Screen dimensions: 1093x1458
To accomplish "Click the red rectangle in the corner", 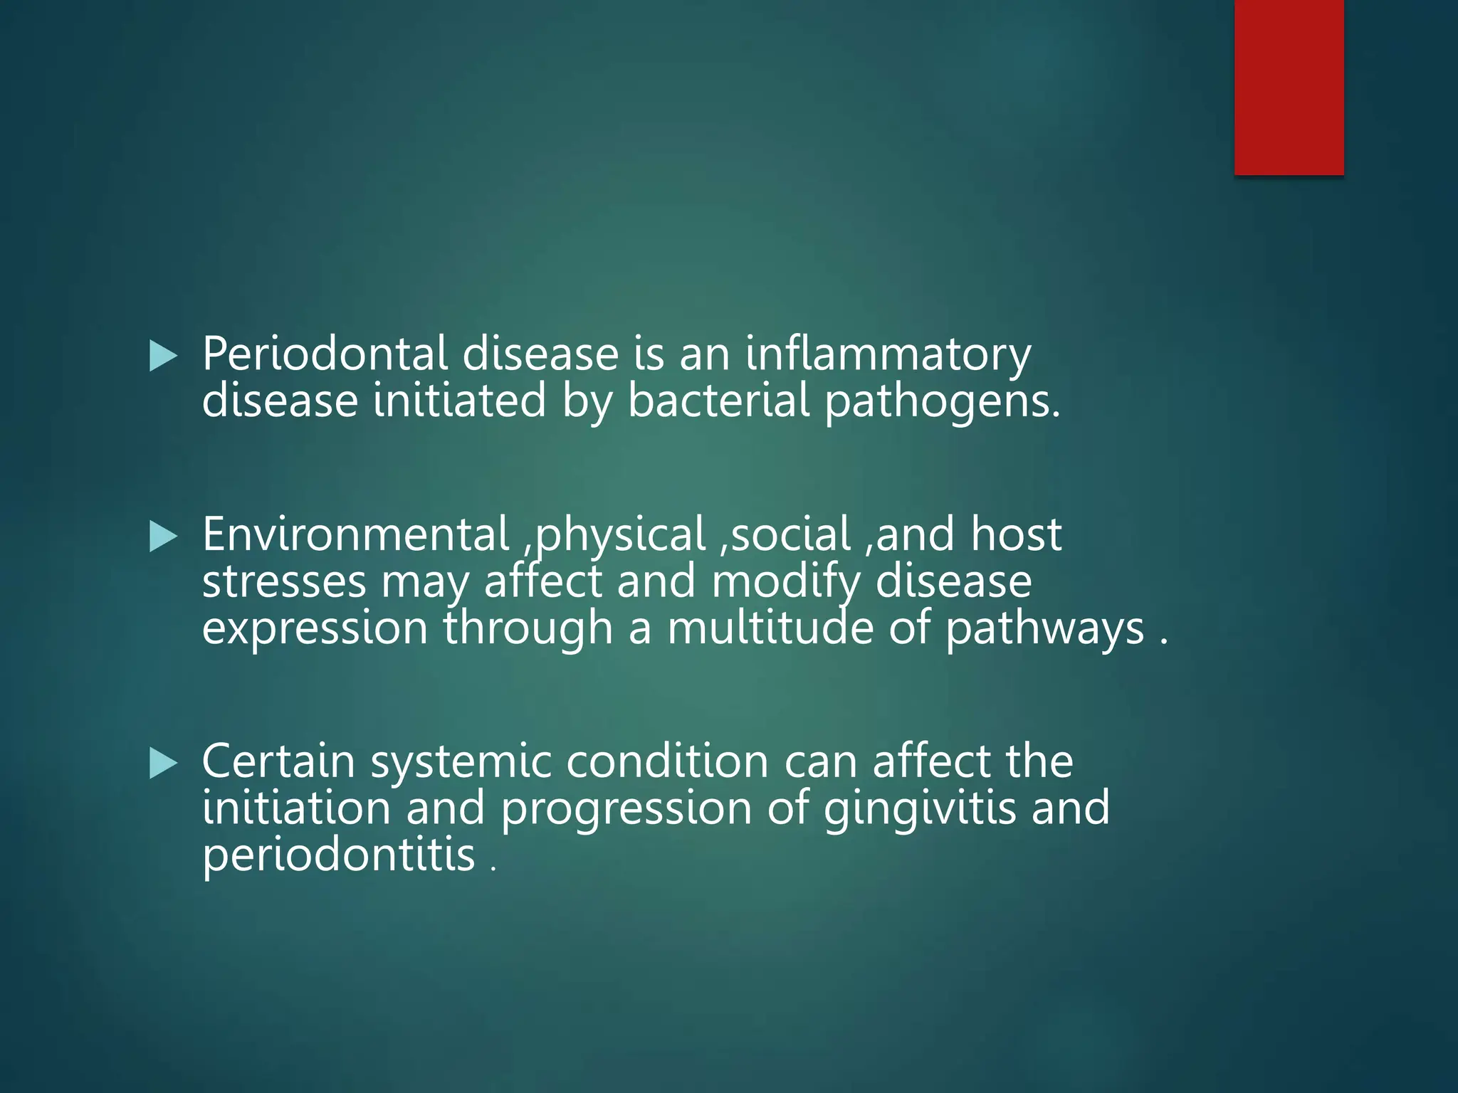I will pos(1289,87).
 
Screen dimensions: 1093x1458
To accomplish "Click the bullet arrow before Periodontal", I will pos(163,356).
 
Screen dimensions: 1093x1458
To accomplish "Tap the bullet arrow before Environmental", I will pos(163,537).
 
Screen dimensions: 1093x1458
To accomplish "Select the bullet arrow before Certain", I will pos(163,764).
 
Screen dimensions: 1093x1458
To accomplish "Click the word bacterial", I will pos(719,401).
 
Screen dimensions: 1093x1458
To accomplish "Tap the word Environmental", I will pos(355,534).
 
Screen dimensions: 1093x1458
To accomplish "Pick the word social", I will pos(791,534).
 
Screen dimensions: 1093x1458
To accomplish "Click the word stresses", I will pos(284,581).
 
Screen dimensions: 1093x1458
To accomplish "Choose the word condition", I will pos(667,761).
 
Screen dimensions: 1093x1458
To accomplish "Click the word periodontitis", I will pos(338,856).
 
